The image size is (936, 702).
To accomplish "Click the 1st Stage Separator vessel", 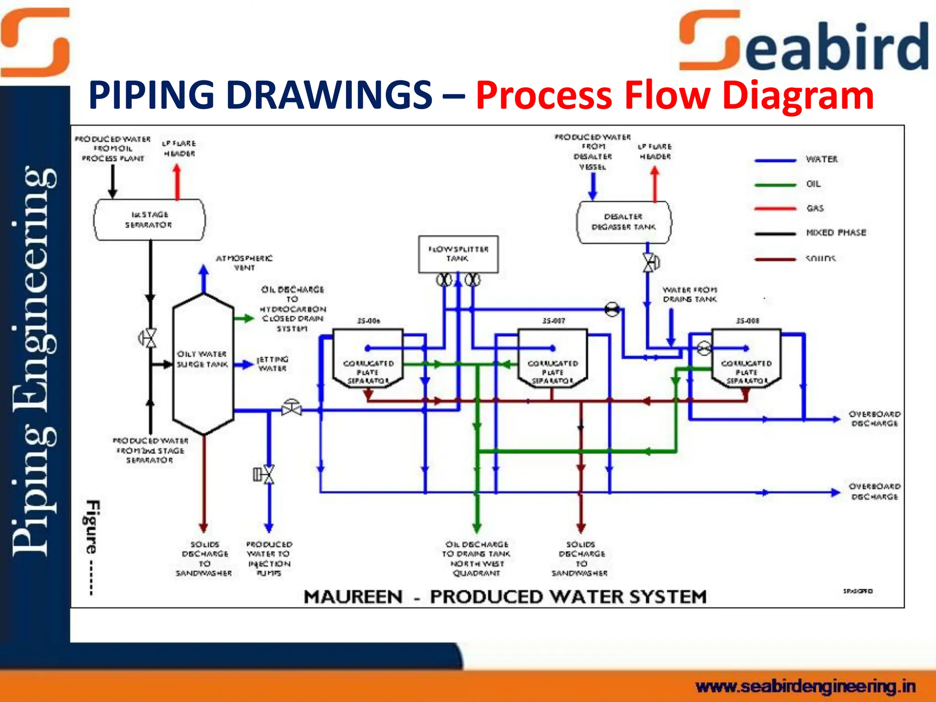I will (149, 220).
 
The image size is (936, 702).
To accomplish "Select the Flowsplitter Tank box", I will (458, 254).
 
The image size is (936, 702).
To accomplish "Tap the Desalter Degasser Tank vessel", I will (624, 222).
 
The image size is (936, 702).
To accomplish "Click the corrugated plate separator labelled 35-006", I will (368, 359).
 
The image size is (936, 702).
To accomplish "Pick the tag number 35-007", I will (553, 321).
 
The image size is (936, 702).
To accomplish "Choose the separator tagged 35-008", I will (746, 359).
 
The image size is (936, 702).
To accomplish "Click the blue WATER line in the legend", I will (775, 160).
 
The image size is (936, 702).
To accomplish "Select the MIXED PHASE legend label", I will (836, 233).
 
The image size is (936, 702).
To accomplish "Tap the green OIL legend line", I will (775, 185).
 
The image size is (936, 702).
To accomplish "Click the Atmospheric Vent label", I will (244, 263).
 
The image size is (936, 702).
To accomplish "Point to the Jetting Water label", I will (272, 364).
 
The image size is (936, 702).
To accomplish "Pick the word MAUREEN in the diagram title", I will (353, 597).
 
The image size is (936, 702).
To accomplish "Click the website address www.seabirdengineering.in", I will (805, 686).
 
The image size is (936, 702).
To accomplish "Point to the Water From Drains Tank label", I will (690, 294).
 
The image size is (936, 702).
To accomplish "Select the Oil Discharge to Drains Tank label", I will (476, 558).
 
